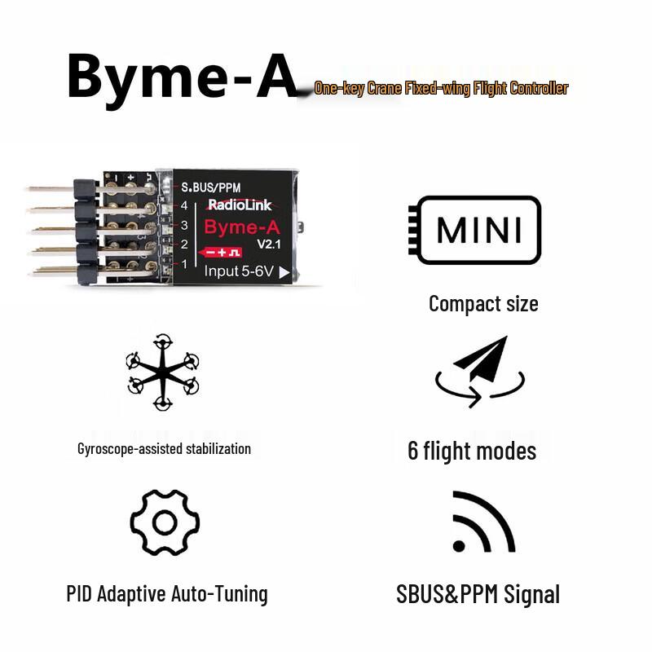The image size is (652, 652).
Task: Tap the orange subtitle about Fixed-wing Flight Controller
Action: click(x=441, y=89)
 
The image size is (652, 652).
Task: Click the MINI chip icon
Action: click(x=475, y=230)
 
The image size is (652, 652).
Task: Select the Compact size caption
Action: click(x=483, y=304)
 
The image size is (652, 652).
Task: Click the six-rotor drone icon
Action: click(x=162, y=372)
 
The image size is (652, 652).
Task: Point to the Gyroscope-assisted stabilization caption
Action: click(x=165, y=449)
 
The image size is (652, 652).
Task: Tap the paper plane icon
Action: click(x=480, y=372)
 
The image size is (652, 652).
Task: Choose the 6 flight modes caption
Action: click(x=472, y=452)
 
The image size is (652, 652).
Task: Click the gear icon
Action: click(x=165, y=522)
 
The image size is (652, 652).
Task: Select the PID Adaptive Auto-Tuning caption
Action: click(x=167, y=594)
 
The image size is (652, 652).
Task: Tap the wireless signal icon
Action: click(x=483, y=522)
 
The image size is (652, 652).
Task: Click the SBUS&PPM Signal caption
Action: click(x=478, y=594)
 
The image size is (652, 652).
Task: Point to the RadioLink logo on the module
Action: click(x=240, y=205)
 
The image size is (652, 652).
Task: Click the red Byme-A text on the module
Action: click(x=242, y=227)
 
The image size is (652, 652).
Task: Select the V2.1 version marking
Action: click(x=269, y=244)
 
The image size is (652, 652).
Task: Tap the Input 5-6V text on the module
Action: click(x=239, y=271)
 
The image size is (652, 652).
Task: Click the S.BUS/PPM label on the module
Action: click(x=211, y=187)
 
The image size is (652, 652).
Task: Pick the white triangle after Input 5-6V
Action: click(x=284, y=273)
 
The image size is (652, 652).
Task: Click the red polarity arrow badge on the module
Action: click(x=219, y=253)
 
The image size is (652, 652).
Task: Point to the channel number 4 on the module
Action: click(x=184, y=205)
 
